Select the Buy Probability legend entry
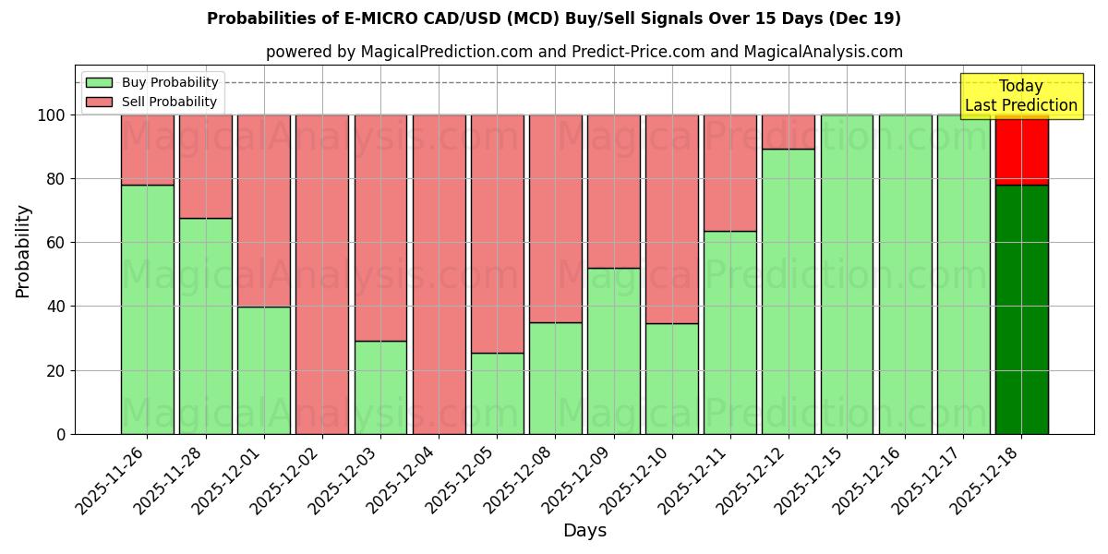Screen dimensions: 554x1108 (151, 82)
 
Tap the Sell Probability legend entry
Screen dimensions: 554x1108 (151, 102)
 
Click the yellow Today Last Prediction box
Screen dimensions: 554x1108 (1020, 96)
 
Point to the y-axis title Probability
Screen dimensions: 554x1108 (23, 250)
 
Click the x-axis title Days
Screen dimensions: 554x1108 (584, 531)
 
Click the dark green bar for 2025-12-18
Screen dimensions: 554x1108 (1021, 309)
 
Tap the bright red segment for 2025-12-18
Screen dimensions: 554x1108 (1021, 150)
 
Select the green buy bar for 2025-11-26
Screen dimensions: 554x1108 (147, 309)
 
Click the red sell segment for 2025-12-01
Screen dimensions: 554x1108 (264, 211)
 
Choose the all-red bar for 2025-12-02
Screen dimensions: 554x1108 (322, 274)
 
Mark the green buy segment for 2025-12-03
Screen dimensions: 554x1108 (380, 388)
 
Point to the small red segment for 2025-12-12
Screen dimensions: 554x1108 (789, 132)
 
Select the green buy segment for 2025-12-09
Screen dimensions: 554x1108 (614, 351)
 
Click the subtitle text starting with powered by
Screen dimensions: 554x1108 (584, 52)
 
